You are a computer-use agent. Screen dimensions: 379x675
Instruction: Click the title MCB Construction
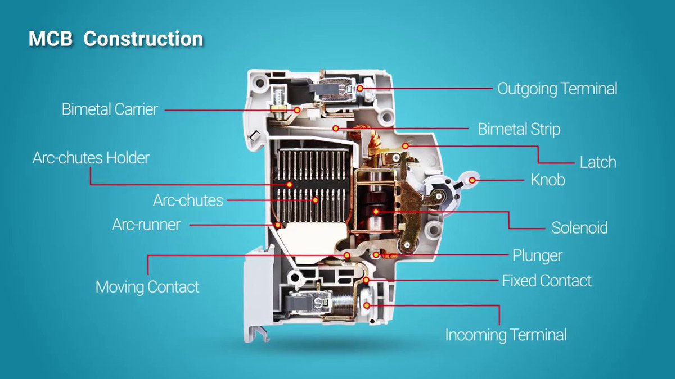coord(116,39)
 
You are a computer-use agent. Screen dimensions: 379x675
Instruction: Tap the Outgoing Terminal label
coord(557,89)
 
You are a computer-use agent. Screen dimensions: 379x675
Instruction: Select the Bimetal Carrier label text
coord(110,109)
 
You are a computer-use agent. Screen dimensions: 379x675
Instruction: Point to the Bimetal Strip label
coord(519,129)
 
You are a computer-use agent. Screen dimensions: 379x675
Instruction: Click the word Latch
coord(598,163)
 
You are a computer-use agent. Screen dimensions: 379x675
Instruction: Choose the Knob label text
coord(548,180)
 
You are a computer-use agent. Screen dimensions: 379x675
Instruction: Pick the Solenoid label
coord(579,228)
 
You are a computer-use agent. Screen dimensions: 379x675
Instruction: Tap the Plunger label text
coord(537,255)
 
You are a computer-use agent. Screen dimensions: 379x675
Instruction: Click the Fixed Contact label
coord(547,280)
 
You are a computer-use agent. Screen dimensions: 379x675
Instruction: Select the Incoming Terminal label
coord(506,335)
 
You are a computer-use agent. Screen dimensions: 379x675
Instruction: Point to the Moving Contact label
coord(147,287)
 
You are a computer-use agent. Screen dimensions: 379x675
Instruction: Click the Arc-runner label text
coord(146,225)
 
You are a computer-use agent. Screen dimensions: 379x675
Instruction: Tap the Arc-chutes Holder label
coord(91,158)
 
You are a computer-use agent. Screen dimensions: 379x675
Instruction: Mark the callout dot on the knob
coord(473,180)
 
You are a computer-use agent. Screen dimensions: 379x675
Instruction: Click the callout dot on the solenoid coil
coord(376,212)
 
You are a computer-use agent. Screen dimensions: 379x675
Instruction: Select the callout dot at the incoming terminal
coord(367,305)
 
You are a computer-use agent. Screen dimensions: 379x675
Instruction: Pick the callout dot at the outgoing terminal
coord(360,88)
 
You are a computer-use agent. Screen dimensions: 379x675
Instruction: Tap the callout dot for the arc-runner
coord(278,225)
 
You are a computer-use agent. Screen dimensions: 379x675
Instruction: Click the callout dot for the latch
coord(406,146)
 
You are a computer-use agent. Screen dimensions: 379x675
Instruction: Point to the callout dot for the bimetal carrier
coord(297,110)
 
